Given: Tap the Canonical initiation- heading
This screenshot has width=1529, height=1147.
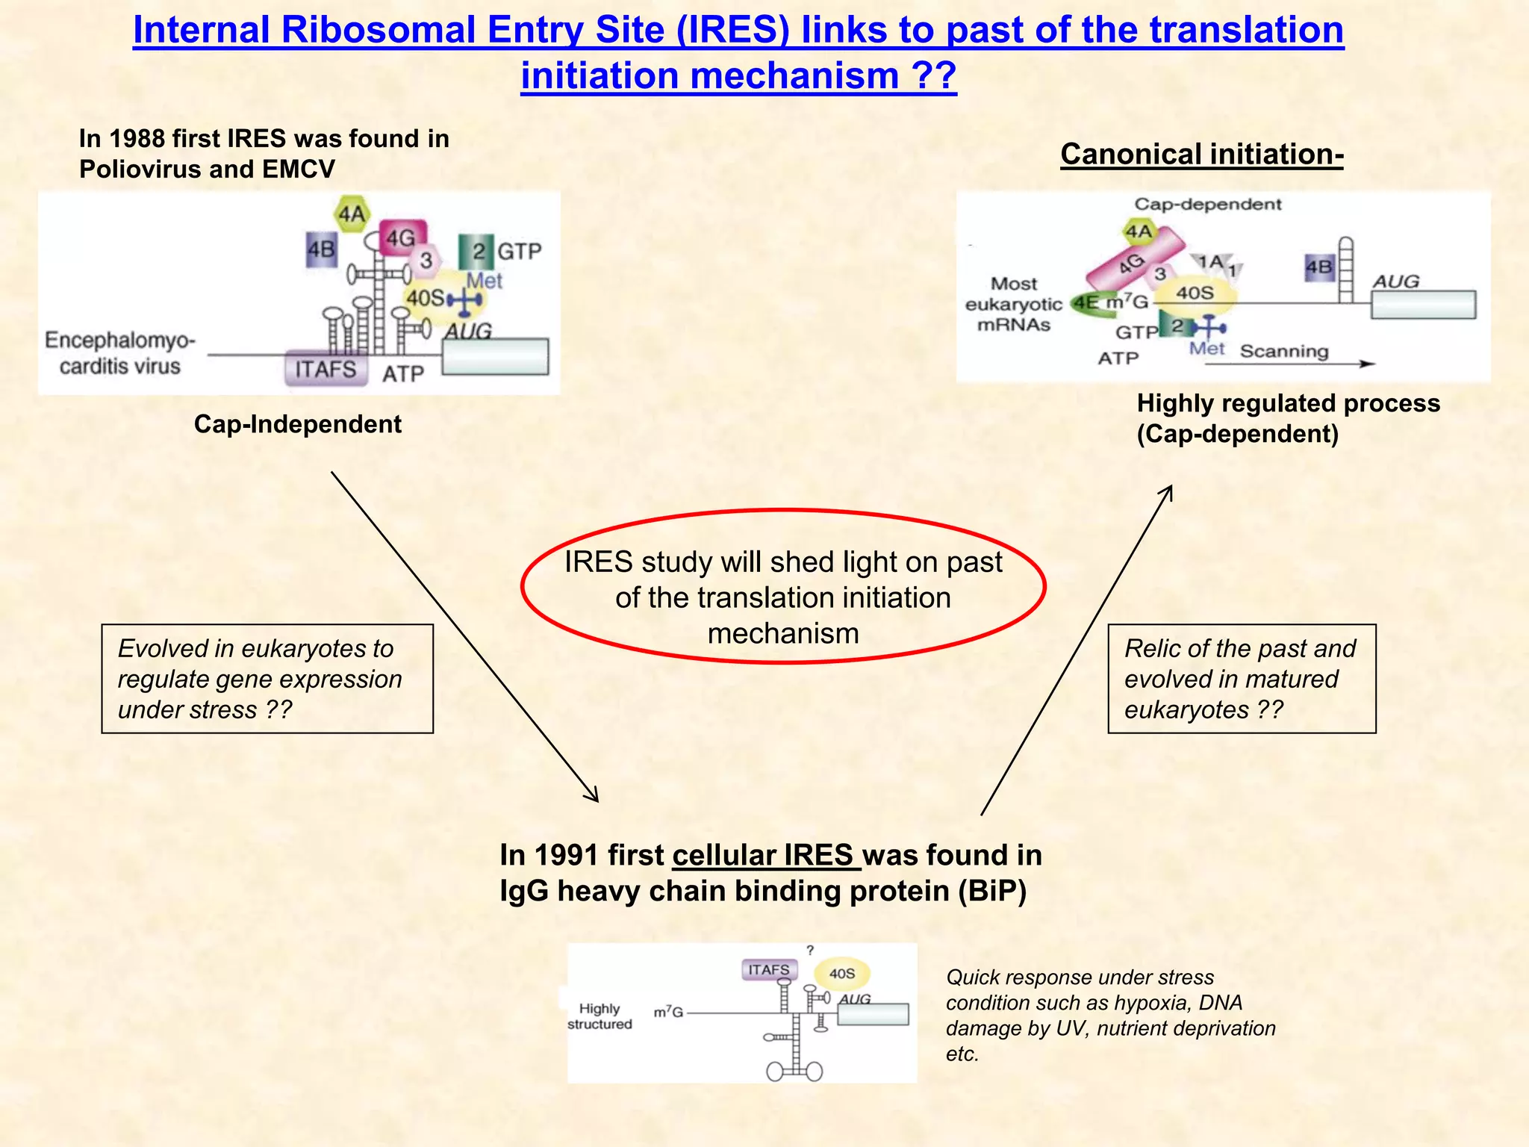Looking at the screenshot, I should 1201,155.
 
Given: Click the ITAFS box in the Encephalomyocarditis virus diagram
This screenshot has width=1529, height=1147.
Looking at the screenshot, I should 326,369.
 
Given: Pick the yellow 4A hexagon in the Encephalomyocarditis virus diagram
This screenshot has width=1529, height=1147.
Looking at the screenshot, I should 352,214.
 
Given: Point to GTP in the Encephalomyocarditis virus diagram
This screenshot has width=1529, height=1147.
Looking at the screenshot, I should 519,252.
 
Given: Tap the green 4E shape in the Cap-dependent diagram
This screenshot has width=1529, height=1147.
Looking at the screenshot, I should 1086,303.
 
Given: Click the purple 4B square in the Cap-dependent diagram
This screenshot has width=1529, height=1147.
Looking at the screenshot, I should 1318,267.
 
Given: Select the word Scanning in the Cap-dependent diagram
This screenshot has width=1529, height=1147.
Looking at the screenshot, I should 1284,351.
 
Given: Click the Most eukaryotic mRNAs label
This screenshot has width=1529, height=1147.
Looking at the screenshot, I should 1013,304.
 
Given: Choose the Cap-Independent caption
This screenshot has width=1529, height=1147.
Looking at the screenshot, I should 297,424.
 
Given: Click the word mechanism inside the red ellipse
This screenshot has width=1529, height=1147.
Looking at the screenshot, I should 783,634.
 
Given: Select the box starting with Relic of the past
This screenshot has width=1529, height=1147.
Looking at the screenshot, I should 1241,679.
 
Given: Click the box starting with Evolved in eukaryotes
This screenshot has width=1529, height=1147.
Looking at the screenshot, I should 267,679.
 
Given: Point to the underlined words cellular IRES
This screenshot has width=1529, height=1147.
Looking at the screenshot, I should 766,856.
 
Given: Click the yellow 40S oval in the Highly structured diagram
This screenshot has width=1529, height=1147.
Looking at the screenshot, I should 841,974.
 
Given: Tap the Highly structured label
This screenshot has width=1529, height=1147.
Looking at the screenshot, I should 600,1016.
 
